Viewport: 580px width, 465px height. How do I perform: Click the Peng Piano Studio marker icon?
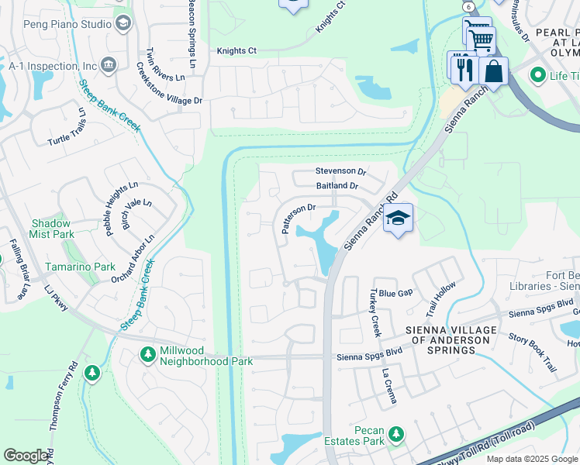(x=123, y=24)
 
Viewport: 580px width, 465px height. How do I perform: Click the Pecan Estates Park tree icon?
(x=396, y=433)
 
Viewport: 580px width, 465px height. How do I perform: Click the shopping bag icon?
(x=493, y=71)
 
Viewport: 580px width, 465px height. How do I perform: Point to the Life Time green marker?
(x=537, y=75)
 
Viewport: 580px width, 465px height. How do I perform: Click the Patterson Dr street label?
(x=295, y=219)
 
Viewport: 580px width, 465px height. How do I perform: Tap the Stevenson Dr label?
(x=340, y=170)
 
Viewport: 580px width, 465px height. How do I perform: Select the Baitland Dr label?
(x=337, y=186)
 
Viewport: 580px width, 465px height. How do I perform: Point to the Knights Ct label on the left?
(x=236, y=51)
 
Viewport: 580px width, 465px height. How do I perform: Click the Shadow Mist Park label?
(x=52, y=228)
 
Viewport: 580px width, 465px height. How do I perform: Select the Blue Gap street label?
(x=395, y=293)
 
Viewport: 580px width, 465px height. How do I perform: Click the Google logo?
(x=26, y=456)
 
